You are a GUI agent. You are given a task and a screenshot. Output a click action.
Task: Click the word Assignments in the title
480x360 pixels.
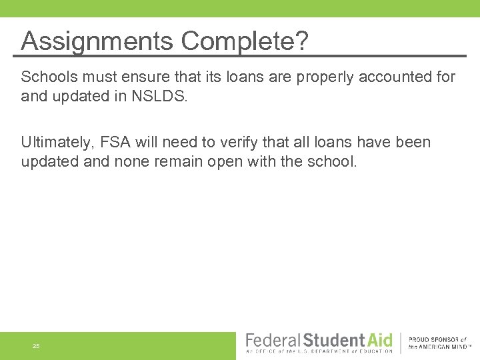coord(97,42)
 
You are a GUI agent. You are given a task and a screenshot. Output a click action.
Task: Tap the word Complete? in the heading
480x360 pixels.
coord(245,42)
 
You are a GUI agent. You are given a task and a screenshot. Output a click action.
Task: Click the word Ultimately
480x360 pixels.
coord(56,143)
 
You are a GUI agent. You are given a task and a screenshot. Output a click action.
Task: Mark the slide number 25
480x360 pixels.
coord(36,346)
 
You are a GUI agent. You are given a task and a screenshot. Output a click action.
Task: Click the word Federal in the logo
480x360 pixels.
coord(273,340)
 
